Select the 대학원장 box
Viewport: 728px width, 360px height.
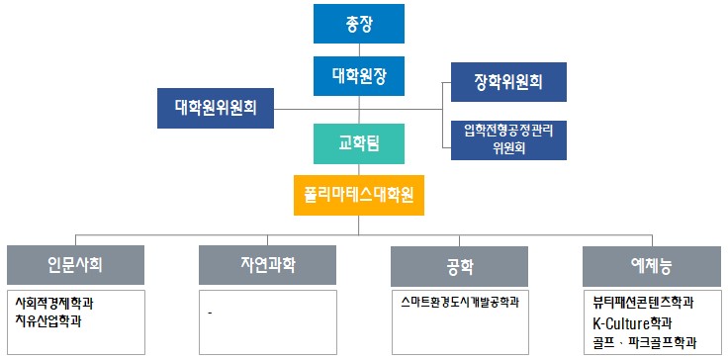tap(360, 74)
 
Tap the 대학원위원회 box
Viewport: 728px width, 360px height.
tap(216, 107)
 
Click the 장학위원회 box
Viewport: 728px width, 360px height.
tap(507, 83)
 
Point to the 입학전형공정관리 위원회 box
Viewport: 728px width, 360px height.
tap(507, 138)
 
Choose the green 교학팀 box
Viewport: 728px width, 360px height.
tap(360, 144)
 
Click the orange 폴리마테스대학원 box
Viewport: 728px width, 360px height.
tap(360, 195)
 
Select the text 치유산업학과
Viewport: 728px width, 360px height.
tap(48, 320)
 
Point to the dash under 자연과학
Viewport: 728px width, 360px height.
tap(211, 314)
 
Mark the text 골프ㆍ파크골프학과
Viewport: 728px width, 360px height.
tap(639, 342)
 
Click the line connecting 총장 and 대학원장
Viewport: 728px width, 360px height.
tap(360, 49)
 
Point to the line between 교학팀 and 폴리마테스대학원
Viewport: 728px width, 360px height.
tap(360, 170)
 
